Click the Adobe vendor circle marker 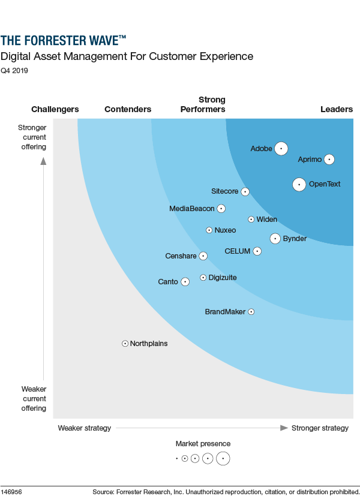tap(281, 148)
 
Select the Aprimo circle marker tap(329, 160)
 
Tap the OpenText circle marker tap(299, 184)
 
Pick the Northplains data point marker tap(125, 344)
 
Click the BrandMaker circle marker tap(251, 312)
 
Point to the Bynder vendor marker tap(275, 239)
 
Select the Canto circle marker tap(185, 281)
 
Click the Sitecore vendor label tap(225, 191)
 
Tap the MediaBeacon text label tap(191, 209)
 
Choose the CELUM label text tap(238, 251)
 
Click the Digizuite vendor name tap(223, 278)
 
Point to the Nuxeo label tap(225, 230)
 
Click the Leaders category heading tap(337, 109)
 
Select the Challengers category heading tap(55, 109)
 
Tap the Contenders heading tap(128, 109)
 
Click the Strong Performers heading tap(203, 104)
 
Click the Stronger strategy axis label tap(320, 428)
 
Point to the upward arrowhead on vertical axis tap(43, 160)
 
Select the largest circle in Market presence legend tap(223, 458)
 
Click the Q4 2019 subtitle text tap(14, 71)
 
